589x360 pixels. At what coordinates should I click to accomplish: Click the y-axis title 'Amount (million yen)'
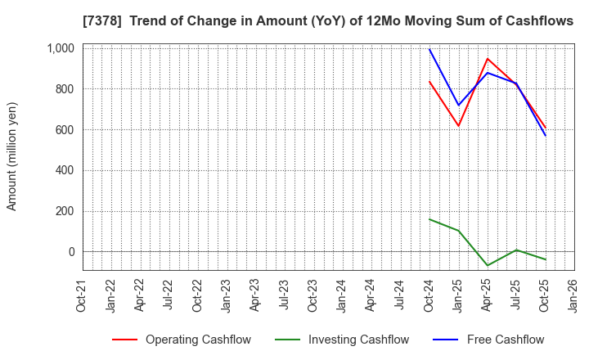point(12,156)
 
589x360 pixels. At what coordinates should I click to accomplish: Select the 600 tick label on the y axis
point(64,129)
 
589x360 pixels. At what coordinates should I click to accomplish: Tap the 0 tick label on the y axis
point(70,252)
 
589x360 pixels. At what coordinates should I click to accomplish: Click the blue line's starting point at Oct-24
point(429,49)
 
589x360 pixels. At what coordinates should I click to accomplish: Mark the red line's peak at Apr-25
point(488,59)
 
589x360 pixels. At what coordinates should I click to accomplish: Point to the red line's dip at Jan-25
point(459,126)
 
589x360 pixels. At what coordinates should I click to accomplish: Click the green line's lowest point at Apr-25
point(488,266)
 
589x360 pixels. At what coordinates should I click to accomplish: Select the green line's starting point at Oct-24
point(429,219)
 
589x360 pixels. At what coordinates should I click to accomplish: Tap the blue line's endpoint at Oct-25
point(546,136)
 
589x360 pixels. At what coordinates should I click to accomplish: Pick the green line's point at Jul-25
point(516,250)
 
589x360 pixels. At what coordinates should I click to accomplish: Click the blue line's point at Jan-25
point(459,106)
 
